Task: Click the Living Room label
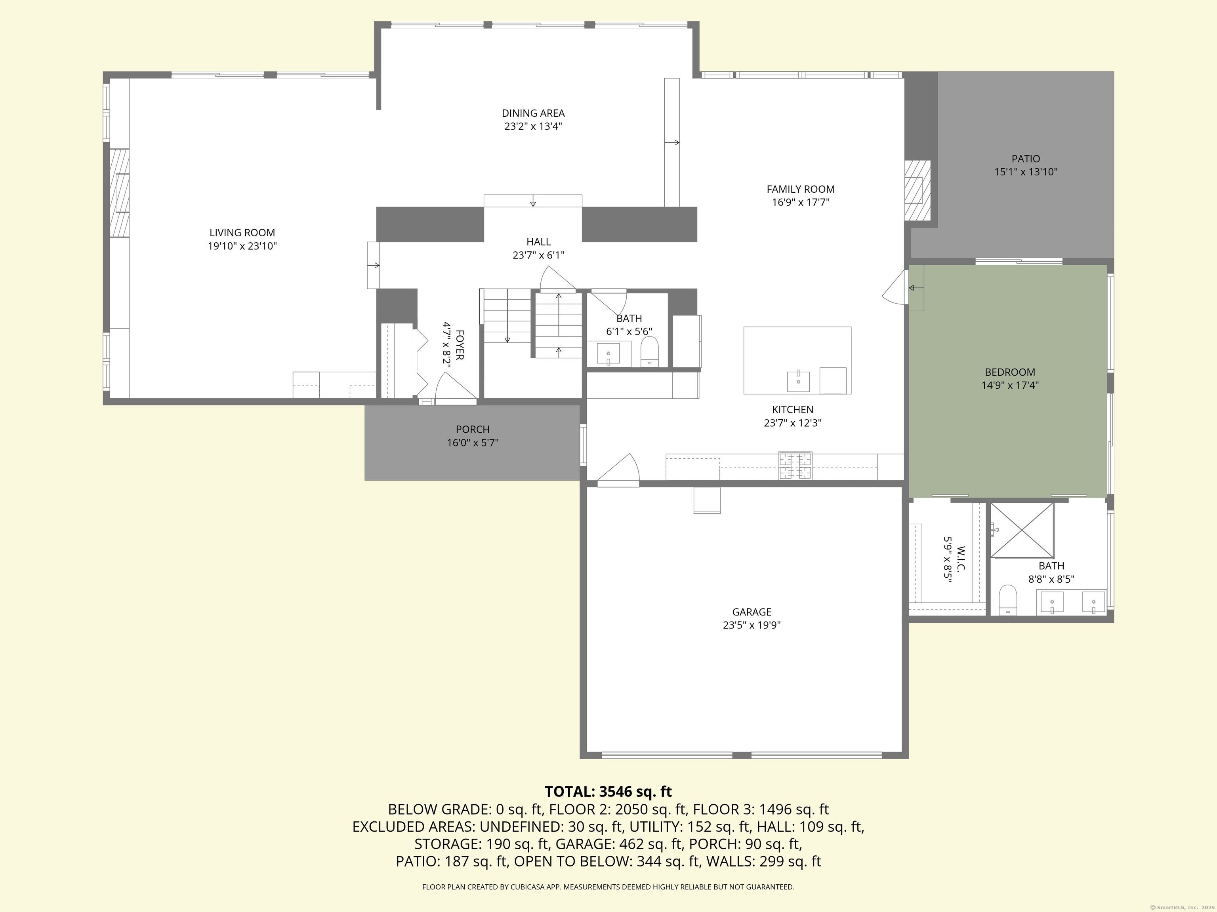coord(242,232)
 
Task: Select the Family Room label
coord(801,189)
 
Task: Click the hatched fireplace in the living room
coord(119,192)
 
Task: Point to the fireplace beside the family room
coord(917,190)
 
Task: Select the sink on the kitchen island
coord(798,380)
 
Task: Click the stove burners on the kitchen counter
coord(794,465)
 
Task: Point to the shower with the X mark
coord(1022,529)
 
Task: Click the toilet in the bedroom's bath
coord(1007,599)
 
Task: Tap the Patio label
coord(1026,159)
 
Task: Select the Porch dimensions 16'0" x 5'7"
coord(473,443)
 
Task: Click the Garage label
coord(752,612)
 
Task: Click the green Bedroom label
coord(1009,372)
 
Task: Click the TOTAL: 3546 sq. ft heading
coord(608,792)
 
